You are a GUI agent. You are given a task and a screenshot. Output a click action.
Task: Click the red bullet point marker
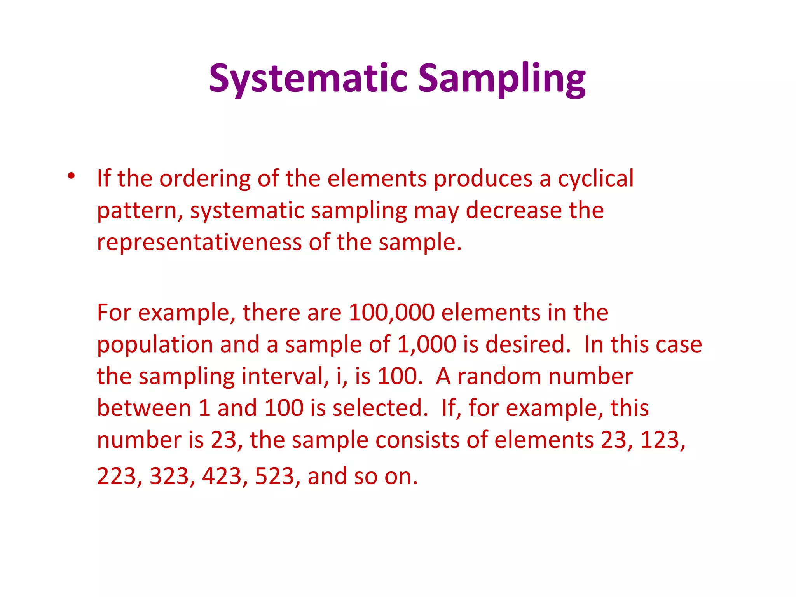[x=71, y=176]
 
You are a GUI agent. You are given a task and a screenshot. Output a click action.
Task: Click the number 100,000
[x=391, y=312]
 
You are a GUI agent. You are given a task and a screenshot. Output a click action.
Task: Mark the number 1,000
[x=426, y=344]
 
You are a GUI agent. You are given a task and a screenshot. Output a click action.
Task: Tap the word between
[x=144, y=408]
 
